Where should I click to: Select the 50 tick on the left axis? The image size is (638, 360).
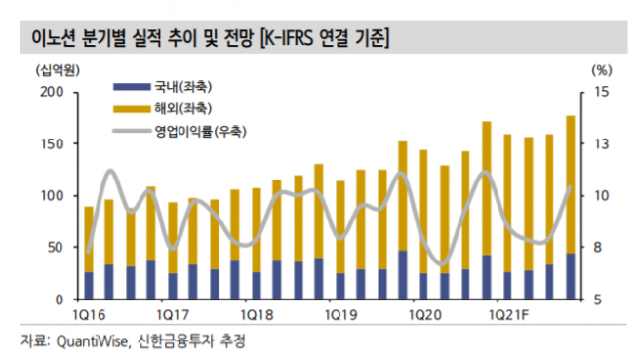click(x=56, y=247)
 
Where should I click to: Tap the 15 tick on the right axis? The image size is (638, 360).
click(x=600, y=92)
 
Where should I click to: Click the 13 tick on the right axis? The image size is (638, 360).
click(x=600, y=143)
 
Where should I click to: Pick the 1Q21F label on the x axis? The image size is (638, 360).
click(x=509, y=315)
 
